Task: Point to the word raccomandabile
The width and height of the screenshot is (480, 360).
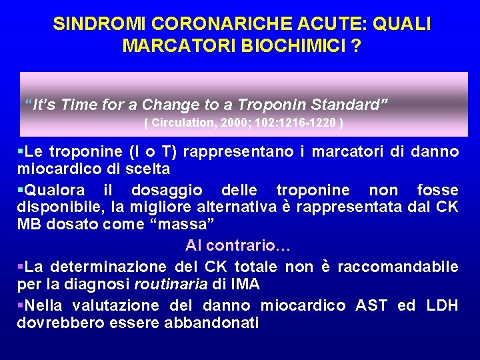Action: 398,267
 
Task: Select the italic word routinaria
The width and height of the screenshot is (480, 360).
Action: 171,284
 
